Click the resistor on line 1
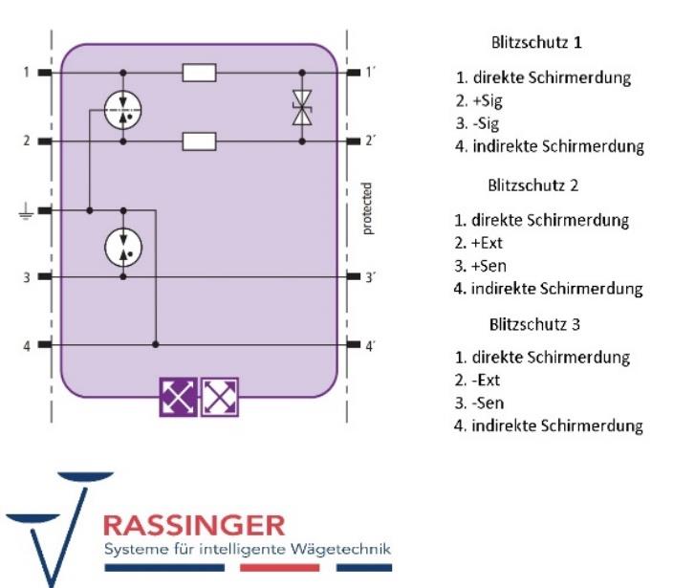click(199, 73)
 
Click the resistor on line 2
click(199, 141)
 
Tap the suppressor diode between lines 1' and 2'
click(303, 107)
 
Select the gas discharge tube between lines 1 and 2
click(123, 107)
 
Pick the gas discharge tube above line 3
click(123, 246)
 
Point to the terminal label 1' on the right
click(370, 73)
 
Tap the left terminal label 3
click(28, 277)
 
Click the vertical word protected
click(368, 208)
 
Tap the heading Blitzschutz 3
click(534, 323)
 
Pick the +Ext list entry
click(486, 242)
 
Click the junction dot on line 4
click(155, 344)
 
